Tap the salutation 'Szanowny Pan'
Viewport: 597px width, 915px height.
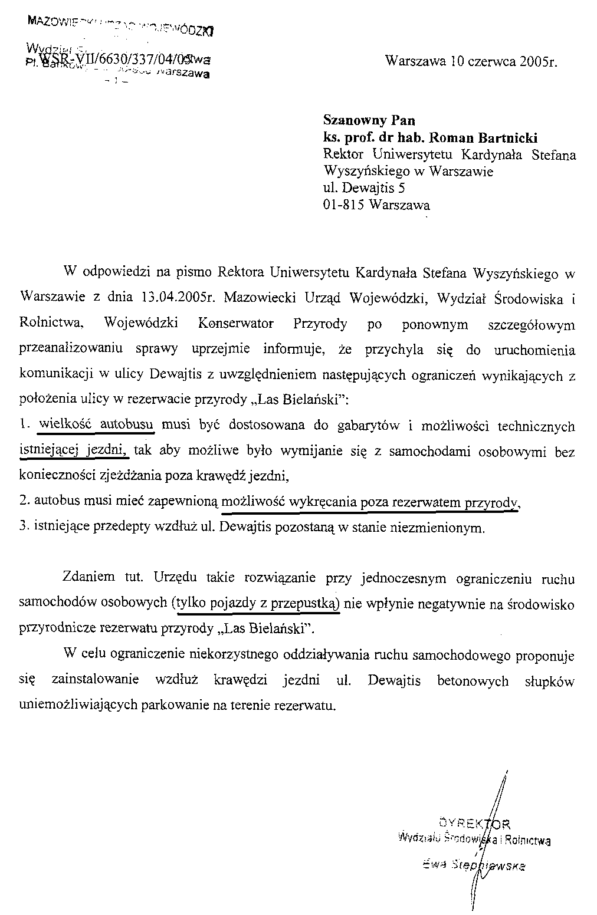coord(369,120)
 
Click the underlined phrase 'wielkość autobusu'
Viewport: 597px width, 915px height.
coord(97,425)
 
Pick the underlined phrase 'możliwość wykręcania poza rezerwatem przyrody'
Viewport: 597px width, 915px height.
coord(370,502)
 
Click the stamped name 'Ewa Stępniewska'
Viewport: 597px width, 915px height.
coord(474,865)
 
